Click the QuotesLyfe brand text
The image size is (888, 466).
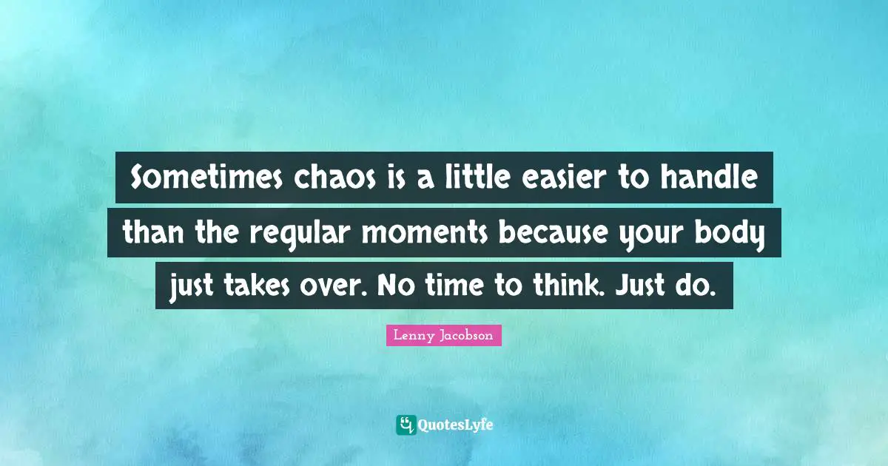(456, 425)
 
